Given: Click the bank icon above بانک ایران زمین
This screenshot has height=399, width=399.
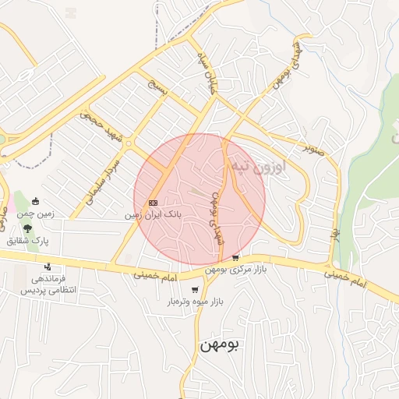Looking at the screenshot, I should tap(151, 202).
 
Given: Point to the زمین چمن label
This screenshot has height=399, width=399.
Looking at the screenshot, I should tap(35, 214).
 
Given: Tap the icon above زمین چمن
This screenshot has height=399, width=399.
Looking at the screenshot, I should tap(35, 203).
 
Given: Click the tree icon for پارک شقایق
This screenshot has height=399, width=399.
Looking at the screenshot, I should tap(28, 229).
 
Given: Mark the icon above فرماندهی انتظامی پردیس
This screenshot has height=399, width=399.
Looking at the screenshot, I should tap(48, 267).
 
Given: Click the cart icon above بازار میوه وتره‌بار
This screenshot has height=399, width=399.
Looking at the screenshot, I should tap(195, 290).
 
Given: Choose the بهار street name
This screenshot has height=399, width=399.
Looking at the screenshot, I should tap(336, 234).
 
